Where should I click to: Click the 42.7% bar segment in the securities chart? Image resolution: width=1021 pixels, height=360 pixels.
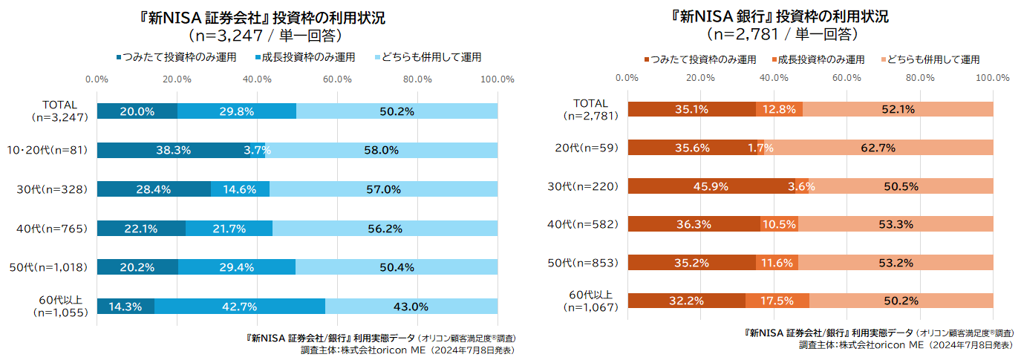239,306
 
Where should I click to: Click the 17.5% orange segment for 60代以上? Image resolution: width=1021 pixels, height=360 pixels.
777,301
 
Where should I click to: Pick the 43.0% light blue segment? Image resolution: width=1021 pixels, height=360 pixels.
411,306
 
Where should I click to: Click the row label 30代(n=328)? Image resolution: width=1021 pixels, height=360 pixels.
52,189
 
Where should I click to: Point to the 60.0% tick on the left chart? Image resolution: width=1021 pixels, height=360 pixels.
337,79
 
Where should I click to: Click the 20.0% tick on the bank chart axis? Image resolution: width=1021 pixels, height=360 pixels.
700,77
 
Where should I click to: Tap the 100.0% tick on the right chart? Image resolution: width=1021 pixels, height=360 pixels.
992,77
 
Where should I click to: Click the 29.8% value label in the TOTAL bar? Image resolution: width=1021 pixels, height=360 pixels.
237,111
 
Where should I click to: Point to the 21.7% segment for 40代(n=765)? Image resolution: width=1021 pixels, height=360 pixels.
229,228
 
